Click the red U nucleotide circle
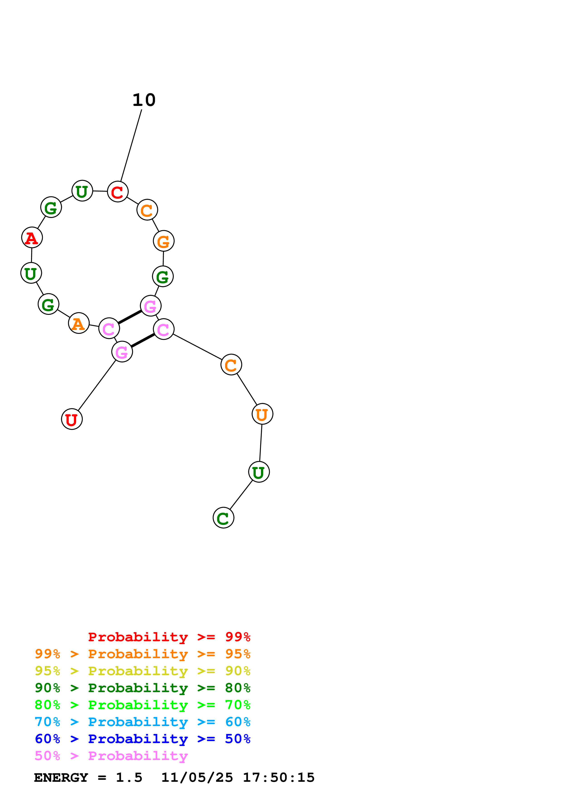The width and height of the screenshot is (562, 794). point(72,419)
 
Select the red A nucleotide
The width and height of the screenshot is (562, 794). point(32,238)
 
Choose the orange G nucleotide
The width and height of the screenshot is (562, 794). point(163,241)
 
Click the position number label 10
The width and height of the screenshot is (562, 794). point(144,100)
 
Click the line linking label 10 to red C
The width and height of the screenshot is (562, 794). point(131,145)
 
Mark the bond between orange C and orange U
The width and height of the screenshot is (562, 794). point(247,389)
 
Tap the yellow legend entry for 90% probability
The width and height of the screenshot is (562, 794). point(142,671)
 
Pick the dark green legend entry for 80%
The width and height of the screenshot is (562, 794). point(142,688)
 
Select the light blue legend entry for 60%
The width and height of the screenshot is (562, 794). point(142,722)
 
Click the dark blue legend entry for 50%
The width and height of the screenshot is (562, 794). point(142,739)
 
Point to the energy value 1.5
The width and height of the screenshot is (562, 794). point(129,777)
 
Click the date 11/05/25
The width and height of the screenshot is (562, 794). point(197,777)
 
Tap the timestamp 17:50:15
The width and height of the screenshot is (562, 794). point(278,777)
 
